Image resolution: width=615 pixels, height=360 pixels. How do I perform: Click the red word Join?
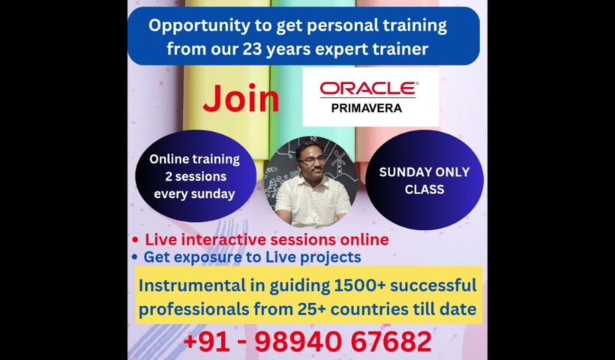tap(241, 99)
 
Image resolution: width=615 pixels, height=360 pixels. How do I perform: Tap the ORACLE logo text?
tap(369, 88)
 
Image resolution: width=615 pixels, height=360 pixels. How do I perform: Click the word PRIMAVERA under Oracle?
tap(366, 108)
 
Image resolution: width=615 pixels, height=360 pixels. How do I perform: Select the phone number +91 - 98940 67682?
tap(307, 342)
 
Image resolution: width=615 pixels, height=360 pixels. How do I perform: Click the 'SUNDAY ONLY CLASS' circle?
tap(424, 181)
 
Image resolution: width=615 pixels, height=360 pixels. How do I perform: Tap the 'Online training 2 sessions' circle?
tap(194, 176)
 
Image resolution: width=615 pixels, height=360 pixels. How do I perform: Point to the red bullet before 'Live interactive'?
tap(135, 241)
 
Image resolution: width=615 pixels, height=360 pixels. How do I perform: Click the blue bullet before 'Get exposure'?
tap(135, 257)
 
